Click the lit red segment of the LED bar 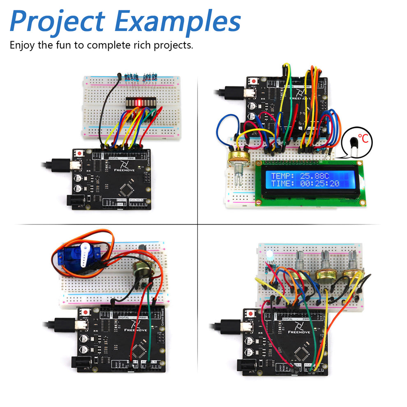[x=139, y=102]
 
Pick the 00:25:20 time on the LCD [x=319, y=183]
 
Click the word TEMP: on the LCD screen [x=282, y=176]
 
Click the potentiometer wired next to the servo [x=143, y=269]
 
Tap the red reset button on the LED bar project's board [x=80, y=153]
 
